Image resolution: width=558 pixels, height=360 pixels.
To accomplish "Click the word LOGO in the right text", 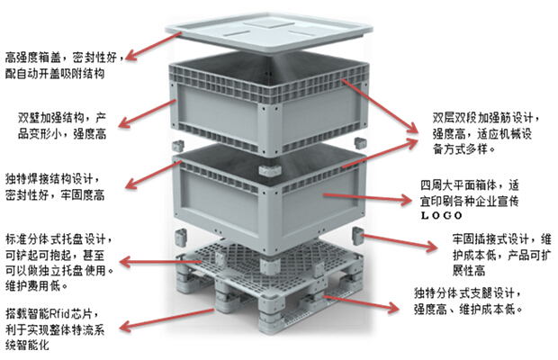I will click(x=440, y=216).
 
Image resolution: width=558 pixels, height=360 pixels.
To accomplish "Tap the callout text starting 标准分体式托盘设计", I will click(x=58, y=262).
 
